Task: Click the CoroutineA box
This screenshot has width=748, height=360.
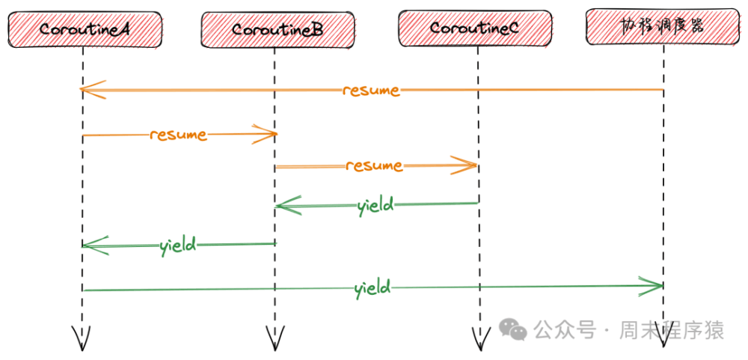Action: click(84, 30)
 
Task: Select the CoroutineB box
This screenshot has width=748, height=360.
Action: click(276, 30)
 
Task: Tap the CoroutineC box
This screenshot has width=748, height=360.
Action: click(475, 29)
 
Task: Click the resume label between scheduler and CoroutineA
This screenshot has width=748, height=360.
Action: click(371, 91)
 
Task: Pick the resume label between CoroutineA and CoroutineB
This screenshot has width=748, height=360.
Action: click(178, 135)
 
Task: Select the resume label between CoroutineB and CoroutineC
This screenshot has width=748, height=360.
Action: click(374, 165)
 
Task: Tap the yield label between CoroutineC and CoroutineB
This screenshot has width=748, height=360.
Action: click(375, 205)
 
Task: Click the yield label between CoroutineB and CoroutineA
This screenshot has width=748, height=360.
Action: click(178, 245)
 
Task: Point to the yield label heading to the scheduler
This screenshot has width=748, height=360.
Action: click(372, 287)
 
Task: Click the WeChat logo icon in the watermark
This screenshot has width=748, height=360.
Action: click(513, 329)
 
